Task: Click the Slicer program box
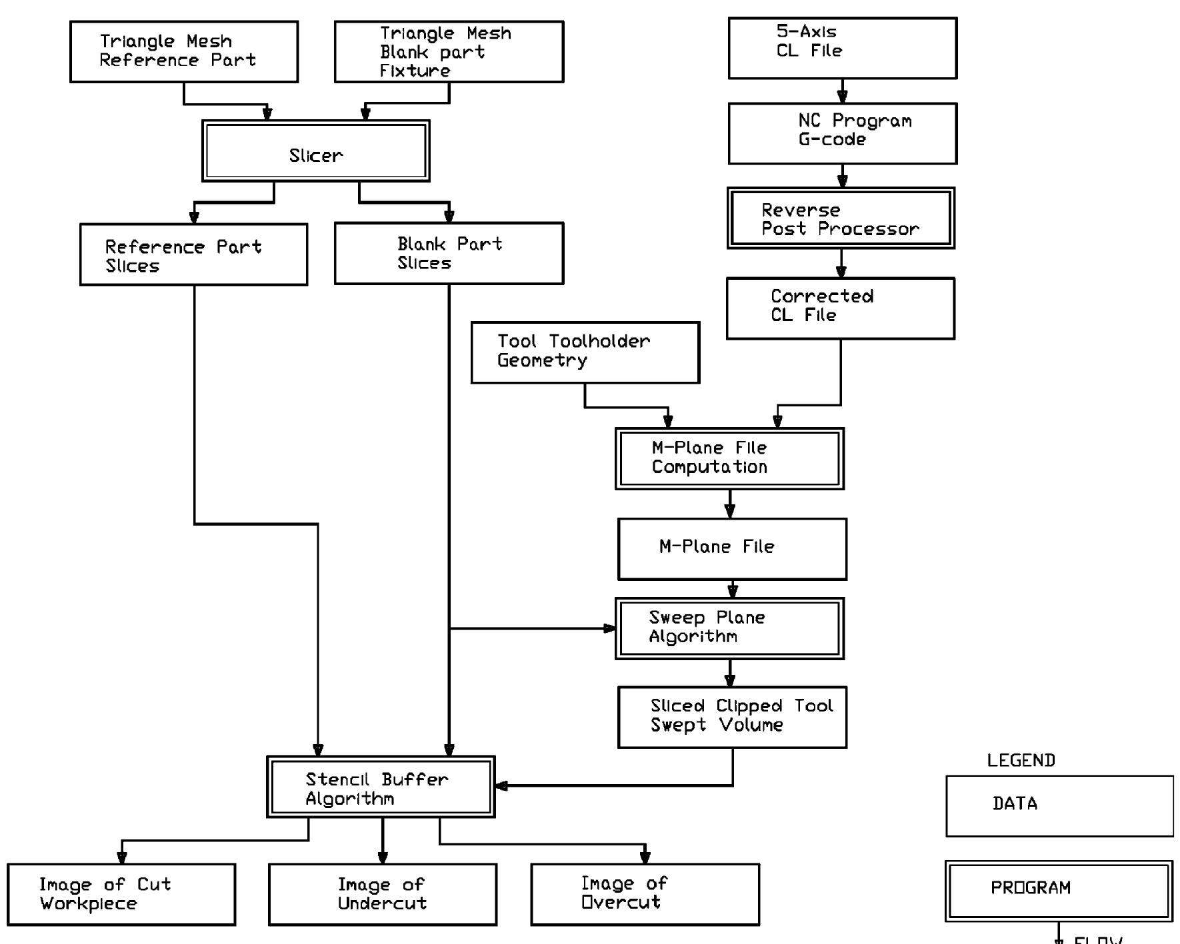click(x=316, y=151)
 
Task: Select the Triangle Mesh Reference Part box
click(x=184, y=52)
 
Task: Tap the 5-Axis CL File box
click(x=843, y=49)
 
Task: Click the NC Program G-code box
click(x=843, y=133)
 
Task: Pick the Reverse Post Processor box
click(x=841, y=219)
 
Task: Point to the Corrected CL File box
click(x=841, y=308)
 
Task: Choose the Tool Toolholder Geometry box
click(x=585, y=352)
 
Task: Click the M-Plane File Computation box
click(x=729, y=459)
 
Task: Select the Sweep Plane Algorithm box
click(x=729, y=629)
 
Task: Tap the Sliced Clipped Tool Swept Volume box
click(x=732, y=717)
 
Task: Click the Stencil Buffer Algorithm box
click(x=381, y=787)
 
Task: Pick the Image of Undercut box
click(x=383, y=895)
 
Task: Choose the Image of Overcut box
click(x=645, y=895)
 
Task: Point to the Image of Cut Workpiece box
click(x=121, y=895)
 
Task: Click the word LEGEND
click(x=1021, y=761)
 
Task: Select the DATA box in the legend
click(x=1059, y=806)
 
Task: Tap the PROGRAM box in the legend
click(x=1059, y=891)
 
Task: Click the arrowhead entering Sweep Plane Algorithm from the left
click(x=609, y=628)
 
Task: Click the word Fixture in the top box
click(x=415, y=71)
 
